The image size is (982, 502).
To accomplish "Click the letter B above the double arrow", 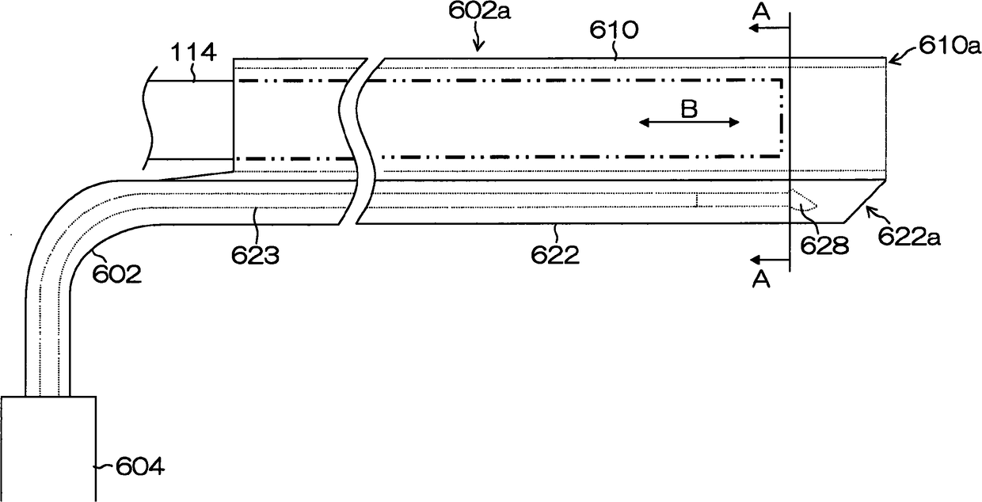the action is pos(689,109).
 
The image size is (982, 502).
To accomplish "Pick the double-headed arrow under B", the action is pos(689,122).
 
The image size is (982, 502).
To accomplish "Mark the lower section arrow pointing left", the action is pos(767,259).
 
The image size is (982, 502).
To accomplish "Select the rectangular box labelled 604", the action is pos(48,447).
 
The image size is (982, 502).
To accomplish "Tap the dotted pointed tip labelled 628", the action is pos(804,202).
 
